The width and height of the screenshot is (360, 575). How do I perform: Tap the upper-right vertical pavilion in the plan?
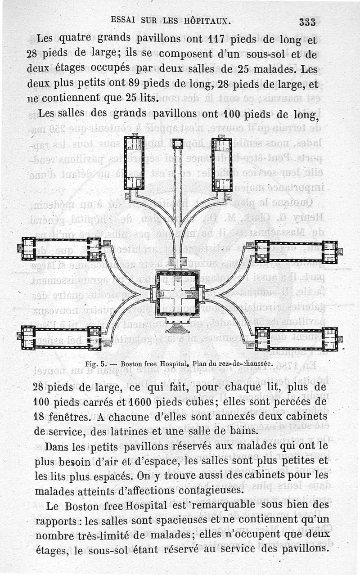click(221, 163)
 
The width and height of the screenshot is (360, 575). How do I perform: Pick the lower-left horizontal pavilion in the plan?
click(60, 337)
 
